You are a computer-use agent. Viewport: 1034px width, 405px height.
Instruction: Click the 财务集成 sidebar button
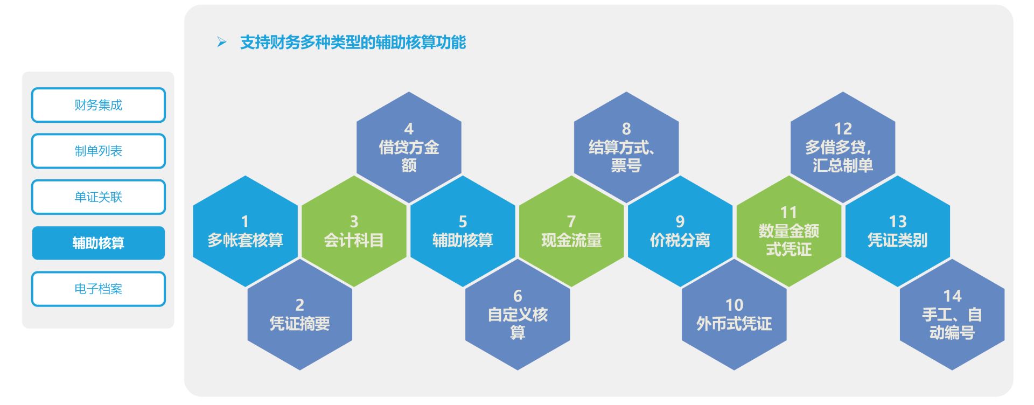tap(98, 105)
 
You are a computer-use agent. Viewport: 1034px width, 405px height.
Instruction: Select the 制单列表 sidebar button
tap(98, 151)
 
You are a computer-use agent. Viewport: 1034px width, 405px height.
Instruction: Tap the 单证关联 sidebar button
tap(98, 197)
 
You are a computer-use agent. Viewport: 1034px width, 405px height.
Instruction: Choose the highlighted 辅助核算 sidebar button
tap(98, 243)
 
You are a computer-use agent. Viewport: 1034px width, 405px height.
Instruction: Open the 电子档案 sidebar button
tap(98, 289)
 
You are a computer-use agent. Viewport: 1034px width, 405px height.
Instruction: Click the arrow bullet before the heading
tap(222, 42)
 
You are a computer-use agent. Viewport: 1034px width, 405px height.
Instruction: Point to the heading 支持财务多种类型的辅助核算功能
tap(353, 43)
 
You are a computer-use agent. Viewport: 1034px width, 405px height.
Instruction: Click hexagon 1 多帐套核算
tap(245, 231)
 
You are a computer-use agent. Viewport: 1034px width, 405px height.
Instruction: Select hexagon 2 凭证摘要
tap(299, 315)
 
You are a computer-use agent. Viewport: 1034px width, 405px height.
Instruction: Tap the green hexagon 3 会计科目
tap(354, 231)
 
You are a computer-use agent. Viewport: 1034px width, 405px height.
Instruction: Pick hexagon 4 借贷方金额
tap(409, 147)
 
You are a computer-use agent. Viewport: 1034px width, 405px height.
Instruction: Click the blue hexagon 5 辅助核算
tap(463, 231)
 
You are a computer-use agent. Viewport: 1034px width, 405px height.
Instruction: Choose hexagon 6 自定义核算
tap(518, 315)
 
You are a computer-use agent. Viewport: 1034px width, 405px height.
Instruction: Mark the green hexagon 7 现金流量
tap(571, 231)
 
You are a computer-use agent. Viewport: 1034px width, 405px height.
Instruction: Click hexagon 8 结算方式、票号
tap(626, 147)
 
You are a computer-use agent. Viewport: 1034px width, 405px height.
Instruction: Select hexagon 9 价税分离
tap(680, 231)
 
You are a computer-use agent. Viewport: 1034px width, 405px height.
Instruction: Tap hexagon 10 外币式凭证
tap(734, 315)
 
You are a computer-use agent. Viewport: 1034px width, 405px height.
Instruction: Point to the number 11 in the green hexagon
tap(788, 213)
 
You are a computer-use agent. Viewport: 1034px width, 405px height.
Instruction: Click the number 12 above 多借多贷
tap(843, 129)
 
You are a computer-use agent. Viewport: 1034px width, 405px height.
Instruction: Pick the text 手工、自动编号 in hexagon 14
tap(952, 324)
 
